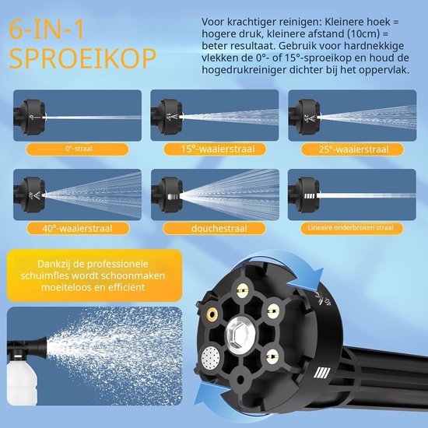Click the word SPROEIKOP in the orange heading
[82, 58]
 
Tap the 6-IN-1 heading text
[47, 30]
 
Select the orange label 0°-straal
[78, 149]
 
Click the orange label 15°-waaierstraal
[215, 149]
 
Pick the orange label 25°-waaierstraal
[352, 149]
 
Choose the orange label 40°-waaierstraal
[78, 228]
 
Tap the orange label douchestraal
[214, 228]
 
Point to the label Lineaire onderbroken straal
[352, 228]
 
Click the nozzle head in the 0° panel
[30, 117]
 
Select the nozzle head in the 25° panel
[305, 117]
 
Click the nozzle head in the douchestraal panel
[168, 195]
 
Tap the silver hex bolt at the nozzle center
[240, 333]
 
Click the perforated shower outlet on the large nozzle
[211, 357]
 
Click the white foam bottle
[21, 381]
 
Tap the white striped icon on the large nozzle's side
[322, 373]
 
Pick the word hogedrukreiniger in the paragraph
[244, 70]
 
